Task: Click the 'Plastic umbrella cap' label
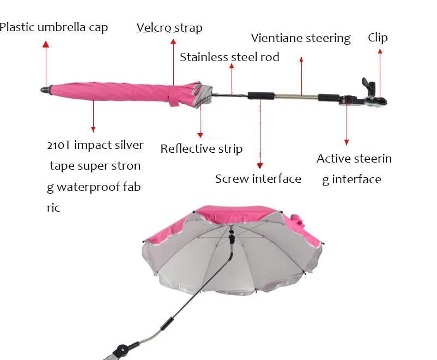click(x=54, y=27)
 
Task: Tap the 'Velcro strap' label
click(x=169, y=28)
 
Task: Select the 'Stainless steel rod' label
click(x=229, y=57)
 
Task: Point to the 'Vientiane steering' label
click(x=301, y=38)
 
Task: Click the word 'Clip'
click(x=378, y=38)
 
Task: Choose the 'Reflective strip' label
click(x=201, y=149)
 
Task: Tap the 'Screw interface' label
click(x=258, y=179)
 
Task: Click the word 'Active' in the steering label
click(x=334, y=159)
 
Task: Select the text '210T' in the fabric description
click(x=59, y=145)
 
